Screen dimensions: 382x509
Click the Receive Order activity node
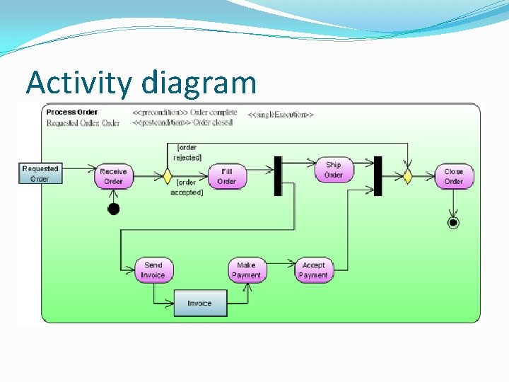coord(113,176)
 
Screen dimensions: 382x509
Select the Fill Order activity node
coord(226,176)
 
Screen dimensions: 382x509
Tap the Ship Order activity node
coord(334,170)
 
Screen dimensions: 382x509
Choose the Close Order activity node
coord(453,176)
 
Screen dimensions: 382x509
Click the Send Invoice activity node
coord(153,270)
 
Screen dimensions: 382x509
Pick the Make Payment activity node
coord(247,270)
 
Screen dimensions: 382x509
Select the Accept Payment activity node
coord(313,270)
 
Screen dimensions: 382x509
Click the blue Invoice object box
coord(200,303)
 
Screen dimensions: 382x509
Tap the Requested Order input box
coord(40,173)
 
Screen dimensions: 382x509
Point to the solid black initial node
coord(114,209)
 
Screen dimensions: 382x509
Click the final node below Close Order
coord(453,223)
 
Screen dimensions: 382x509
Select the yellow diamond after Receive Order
coord(168,176)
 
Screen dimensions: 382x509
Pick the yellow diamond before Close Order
coord(407,176)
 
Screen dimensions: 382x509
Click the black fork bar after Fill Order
coord(278,175)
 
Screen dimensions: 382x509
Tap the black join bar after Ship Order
coord(378,175)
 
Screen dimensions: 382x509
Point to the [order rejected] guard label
coord(187,152)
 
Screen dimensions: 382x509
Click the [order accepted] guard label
coord(187,187)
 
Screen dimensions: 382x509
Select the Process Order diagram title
coord(72,112)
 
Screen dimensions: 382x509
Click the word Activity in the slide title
coord(78,83)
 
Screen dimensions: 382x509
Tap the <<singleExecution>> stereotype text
coord(281,114)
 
